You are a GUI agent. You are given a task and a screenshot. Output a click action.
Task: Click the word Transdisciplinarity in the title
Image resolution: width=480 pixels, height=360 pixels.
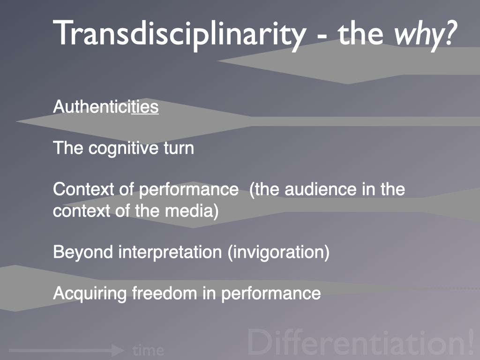(x=180, y=34)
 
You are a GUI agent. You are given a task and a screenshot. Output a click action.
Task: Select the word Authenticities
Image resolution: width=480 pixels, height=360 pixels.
(x=105, y=106)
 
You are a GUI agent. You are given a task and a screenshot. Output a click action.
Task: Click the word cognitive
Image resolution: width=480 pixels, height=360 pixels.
(x=124, y=149)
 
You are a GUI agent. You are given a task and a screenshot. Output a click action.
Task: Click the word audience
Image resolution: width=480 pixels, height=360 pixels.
(x=321, y=189)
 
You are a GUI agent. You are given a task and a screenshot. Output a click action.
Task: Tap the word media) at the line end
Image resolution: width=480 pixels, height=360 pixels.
(x=192, y=211)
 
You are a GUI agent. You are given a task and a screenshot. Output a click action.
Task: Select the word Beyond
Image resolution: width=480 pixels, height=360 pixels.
(x=83, y=252)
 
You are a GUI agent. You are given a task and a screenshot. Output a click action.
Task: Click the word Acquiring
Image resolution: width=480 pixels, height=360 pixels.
(x=90, y=294)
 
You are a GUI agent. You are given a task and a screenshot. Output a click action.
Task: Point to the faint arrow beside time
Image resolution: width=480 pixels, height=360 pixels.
(x=67, y=350)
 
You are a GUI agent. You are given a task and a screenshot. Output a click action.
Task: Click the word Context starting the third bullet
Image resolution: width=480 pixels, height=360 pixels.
(x=83, y=189)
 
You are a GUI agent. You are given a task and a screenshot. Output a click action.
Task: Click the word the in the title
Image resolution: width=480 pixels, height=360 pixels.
(x=360, y=34)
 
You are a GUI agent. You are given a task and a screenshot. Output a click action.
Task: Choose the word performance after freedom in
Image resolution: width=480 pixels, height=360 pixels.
(x=271, y=294)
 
